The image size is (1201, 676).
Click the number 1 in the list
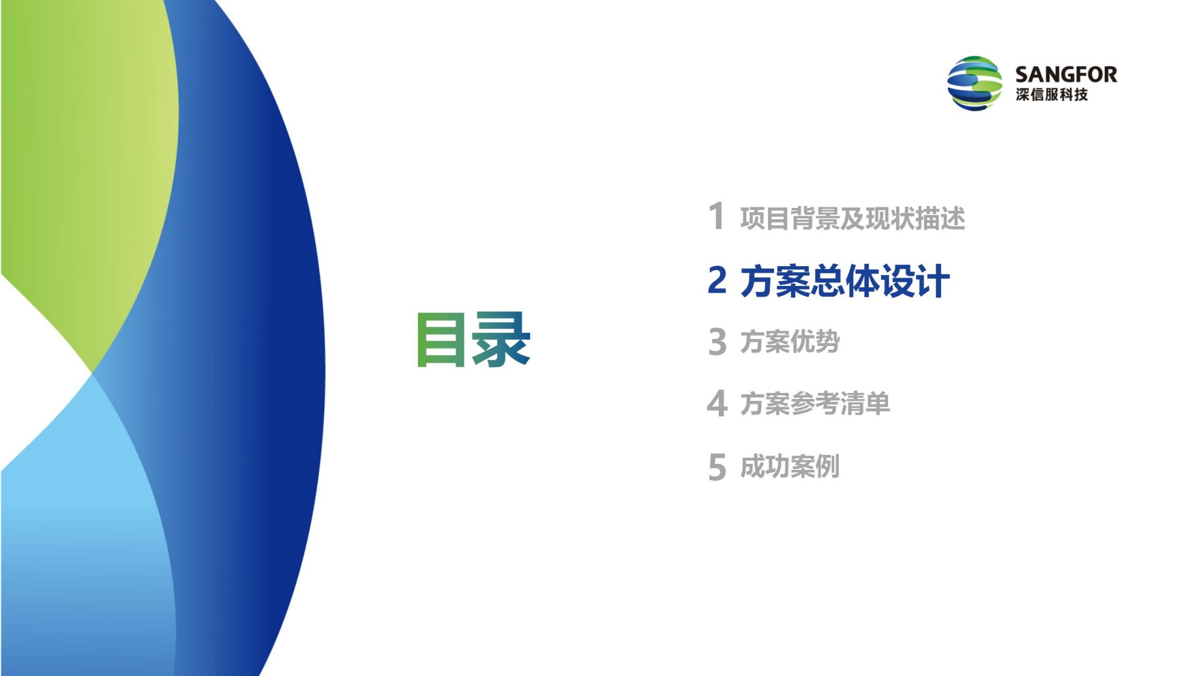(x=716, y=216)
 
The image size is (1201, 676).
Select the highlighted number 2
(x=717, y=280)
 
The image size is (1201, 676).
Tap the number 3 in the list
(x=718, y=342)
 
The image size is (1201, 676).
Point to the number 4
(x=718, y=403)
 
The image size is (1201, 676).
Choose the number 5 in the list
(x=718, y=467)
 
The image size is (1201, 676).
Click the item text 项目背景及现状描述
(x=853, y=218)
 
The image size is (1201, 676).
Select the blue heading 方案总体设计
(x=845, y=281)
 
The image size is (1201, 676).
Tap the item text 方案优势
(x=790, y=342)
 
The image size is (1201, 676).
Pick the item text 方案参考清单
(x=815, y=403)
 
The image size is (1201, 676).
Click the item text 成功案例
(x=790, y=466)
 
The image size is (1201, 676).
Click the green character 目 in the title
(x=441, y=340)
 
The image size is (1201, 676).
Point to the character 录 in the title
(x=501, y=340)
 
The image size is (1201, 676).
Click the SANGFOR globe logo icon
(x=975, y=84)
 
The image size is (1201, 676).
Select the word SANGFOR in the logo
(x=1066, y=75)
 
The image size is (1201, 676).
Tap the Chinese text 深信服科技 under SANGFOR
(x=1051, y=95)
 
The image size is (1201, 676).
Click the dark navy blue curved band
(x=276, y=361)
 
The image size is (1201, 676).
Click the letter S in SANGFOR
(x=1022, y=75)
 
